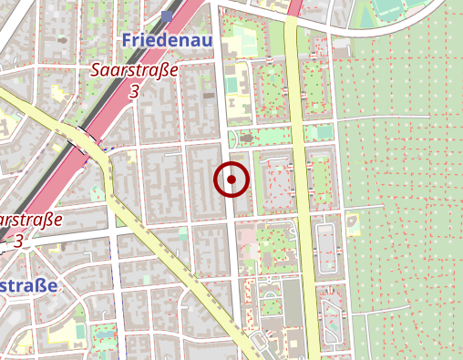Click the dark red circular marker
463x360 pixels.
click(231, 180)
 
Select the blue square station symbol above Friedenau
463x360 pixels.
click(166, 15)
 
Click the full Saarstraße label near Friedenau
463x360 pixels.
click(134, 70)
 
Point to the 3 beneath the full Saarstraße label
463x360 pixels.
click(134, 91)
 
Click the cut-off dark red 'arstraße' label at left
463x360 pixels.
click(29, 221)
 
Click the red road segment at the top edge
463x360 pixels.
click(294, 7)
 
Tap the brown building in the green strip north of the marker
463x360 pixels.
click(244, 139)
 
